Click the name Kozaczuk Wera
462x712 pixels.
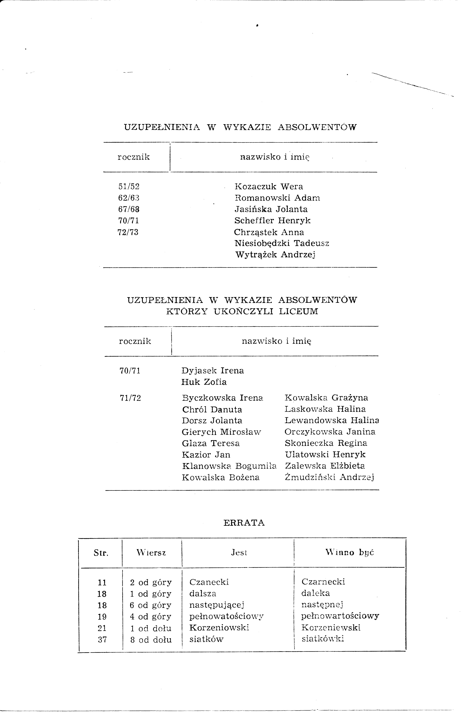coord(269,187)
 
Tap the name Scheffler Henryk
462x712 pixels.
coord(272,221)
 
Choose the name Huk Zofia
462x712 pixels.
coord(204,382)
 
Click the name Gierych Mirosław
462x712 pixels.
coord(221,432)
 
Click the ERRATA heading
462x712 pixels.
coord(244,523)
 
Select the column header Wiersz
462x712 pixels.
coord(151,552)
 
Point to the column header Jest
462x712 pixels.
coord(239,552)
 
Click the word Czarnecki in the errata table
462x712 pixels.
coord(323,582)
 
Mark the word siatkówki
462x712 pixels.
coord(323,639)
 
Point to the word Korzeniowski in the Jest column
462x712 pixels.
coord(219,628)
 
